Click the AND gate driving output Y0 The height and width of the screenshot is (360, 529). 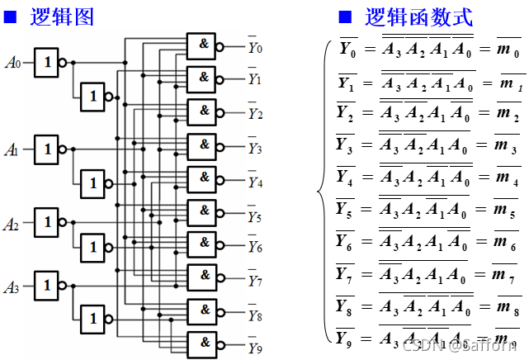point(201,46)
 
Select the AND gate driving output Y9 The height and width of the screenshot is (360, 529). point(201,344)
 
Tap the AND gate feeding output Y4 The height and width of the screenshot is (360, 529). point(201,178)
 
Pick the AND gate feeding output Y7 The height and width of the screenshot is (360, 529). point(201,277)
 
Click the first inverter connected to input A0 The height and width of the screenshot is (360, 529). point(47,62)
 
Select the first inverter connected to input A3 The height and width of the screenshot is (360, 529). point(47,286)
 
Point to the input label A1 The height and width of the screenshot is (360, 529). point(12,150)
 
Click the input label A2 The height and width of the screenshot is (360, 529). point(12,224)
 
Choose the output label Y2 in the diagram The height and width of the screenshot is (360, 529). point(255,114)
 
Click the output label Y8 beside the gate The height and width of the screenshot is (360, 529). point(255,315)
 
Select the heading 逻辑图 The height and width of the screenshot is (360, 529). point(62,17)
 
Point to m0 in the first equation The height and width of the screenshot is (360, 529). point(506,52)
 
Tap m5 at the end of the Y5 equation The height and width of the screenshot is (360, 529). point(506,205)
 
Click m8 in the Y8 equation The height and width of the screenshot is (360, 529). point(506,307)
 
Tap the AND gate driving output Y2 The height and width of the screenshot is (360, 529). point(201,111)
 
